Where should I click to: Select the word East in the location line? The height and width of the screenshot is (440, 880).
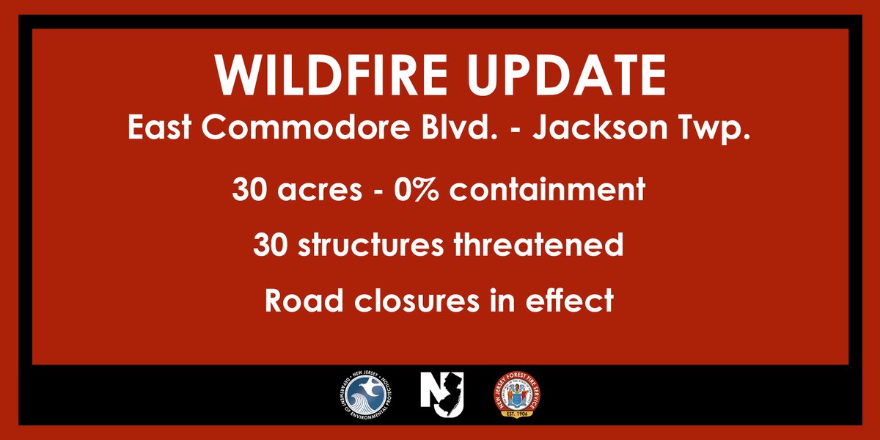tap(160, 128)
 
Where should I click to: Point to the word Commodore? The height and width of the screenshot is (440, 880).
tap(306, 128)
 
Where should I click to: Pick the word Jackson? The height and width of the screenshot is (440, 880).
tap(600, 128)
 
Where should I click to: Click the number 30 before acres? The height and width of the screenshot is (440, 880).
tap(249, 189)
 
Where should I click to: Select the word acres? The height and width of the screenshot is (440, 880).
tap(320, 192)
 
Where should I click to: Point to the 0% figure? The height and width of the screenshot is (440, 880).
tap(416, 189)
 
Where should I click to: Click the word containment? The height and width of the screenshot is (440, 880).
tap(547, 188)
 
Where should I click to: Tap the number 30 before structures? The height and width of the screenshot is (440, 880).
tap(271, 244)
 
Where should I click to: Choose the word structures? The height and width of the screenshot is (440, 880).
tap(371, 246)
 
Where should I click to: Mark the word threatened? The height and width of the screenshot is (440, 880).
tap(538, 244)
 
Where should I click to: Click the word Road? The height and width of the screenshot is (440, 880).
tap(304, 300)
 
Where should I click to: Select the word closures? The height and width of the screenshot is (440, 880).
tap(417, 300)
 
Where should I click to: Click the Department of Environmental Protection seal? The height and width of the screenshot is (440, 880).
tap(366, 395)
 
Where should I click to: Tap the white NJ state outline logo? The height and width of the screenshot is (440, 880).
tap(442, 394)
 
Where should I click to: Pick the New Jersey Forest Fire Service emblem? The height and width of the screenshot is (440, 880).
tap(517, 395)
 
